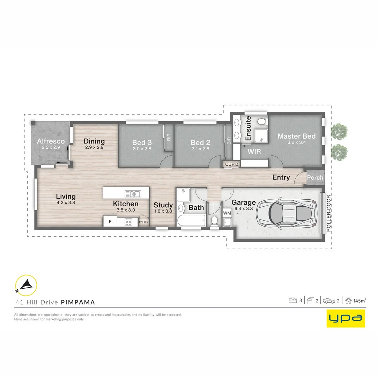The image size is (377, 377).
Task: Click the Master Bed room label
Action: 296,136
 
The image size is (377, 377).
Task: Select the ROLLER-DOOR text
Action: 329,213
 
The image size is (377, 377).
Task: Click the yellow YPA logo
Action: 346,318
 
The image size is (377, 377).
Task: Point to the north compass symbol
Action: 26,286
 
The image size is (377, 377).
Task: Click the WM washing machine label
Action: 227,213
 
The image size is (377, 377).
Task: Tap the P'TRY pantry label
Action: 143,222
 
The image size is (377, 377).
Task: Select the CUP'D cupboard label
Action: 231,164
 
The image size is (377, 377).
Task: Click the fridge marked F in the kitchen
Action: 110,221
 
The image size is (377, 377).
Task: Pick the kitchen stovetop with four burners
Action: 128,222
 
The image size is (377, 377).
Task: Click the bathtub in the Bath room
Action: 191,221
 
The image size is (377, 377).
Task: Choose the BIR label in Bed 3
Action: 169,137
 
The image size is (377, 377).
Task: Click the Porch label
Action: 315,177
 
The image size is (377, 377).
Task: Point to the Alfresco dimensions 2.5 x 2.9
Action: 51,147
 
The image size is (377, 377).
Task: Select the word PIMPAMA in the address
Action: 78,302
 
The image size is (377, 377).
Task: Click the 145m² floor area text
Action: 360,301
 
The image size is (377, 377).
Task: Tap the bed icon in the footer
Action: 293,300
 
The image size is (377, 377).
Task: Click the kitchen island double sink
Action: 133,194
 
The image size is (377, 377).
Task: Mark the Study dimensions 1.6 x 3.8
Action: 163,211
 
